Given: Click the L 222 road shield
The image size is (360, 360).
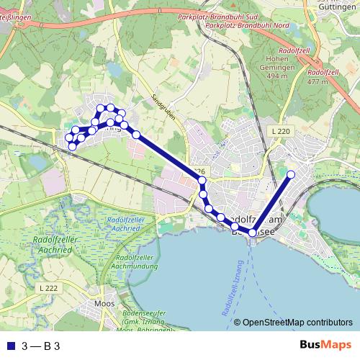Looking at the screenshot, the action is coord(48,287).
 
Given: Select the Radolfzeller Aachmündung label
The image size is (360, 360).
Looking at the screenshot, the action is coord(138,261).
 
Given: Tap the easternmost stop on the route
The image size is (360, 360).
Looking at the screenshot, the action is coord(291,174).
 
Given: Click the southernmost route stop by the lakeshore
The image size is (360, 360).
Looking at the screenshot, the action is coord(252,233).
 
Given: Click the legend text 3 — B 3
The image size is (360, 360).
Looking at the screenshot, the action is coord(41,346).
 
